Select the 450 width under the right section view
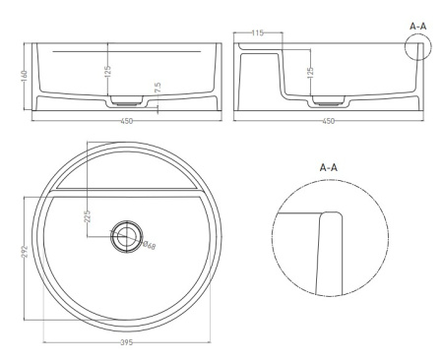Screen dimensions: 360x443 click(x=328, y=122)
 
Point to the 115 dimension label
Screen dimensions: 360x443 click(x=258, y=34)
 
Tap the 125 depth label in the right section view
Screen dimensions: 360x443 click(x=310, y=73)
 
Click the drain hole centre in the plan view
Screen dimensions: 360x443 click(x=127, y=235)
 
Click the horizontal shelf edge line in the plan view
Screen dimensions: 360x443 click(x=127, y=184)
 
